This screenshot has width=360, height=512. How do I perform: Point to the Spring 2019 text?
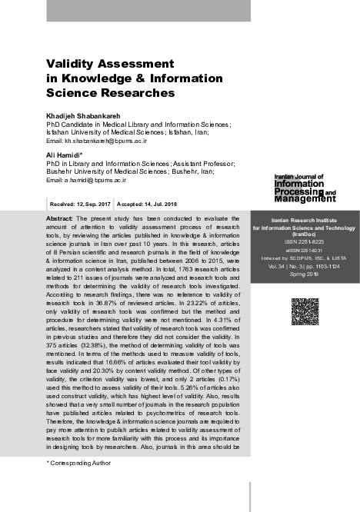305,274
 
